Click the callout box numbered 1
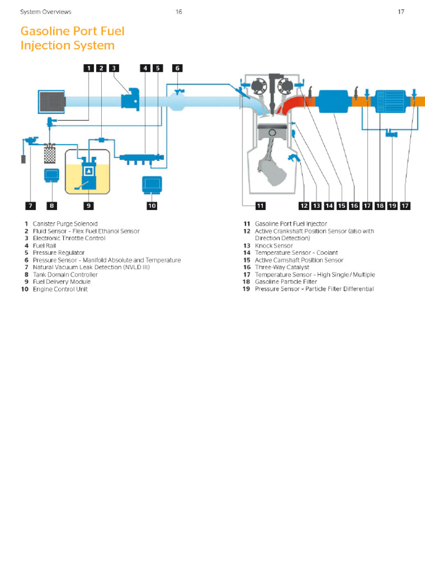coord(89,68)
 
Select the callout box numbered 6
coord(177,68)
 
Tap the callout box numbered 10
coord(152,206)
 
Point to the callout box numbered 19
coord(392,206)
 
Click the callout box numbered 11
coord(260,206)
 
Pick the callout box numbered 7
coord(30,206)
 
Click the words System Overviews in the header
coord(45,12)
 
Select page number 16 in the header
coord(179,12)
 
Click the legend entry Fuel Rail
coord(44,245)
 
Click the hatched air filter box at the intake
coord(51,102)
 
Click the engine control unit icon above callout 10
coord(152,185)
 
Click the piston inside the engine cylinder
coord(272,134)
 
